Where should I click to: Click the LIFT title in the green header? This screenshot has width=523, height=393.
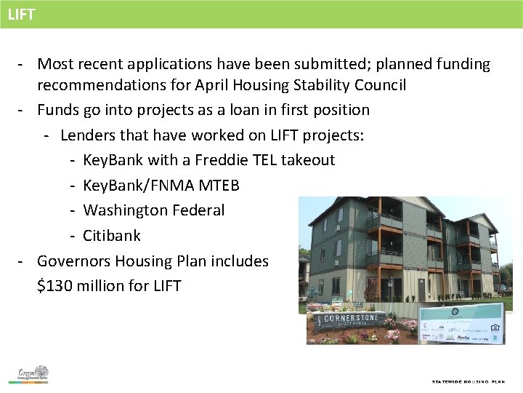point(22,15)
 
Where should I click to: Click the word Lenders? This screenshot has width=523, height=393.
point(88,135)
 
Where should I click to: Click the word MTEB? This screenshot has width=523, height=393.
point(218,186)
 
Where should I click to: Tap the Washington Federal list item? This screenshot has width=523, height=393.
point(153,210)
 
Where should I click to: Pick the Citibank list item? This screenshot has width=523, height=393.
point(112,236)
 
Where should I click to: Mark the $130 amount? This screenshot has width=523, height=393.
point(56,286)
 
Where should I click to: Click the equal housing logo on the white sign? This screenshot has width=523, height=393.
point(496,327)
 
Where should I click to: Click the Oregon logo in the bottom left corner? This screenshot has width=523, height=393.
point(33,374)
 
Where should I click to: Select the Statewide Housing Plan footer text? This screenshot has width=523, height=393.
point(468,381)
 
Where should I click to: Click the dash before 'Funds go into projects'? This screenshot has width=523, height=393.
point(23,110)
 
